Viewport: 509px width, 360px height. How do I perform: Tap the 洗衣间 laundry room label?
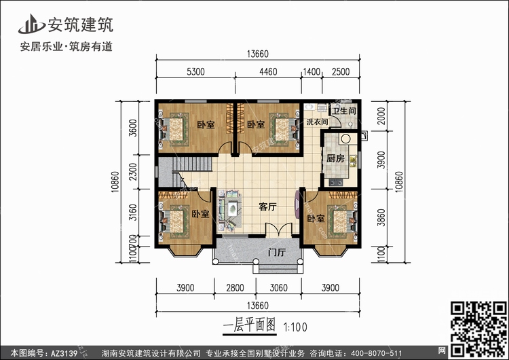click(x=317, y=122)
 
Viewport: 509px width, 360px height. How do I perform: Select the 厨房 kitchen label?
click(x=335, y=158)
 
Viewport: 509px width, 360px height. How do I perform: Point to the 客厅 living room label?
click(x=267, y=208)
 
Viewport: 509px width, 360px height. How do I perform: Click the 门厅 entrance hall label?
click(x=276, y=253)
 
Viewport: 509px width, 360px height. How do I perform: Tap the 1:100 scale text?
click(x=293, y=326)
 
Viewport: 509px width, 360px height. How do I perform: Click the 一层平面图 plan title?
click(x=249, y=325)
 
